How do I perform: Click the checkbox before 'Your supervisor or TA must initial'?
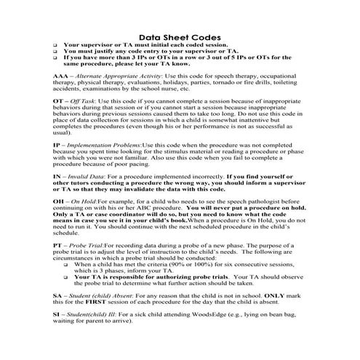tap(55, 44)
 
